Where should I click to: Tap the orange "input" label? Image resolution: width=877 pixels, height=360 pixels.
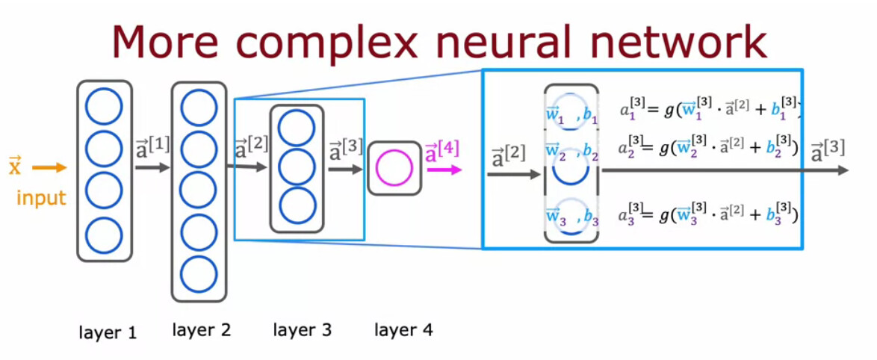tap(42, 198)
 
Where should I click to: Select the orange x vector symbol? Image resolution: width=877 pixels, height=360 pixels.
tap(15, 166)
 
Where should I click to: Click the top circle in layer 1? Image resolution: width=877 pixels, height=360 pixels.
tap(104, 107)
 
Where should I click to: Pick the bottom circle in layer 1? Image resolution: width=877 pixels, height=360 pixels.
tap(104, 235)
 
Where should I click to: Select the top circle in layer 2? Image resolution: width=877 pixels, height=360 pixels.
tap(199, 108)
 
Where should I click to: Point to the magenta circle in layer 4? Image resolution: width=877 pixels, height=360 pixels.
tap(393, 168)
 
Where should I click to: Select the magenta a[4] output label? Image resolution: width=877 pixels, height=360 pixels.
tap(441, 152)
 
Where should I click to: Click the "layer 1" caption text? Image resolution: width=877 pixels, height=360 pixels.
tap(108, 332)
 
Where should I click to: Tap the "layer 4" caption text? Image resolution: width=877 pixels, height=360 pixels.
tap(403, 329)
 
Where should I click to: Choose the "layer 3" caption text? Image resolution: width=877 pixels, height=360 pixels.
tap(303, 329)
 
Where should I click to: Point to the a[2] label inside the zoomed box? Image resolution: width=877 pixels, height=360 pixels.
tap(508, 158)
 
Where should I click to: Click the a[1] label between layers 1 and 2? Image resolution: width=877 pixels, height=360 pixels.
tap(152, 146)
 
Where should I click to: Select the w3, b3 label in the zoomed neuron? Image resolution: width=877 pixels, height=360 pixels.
tap(572, 217)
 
